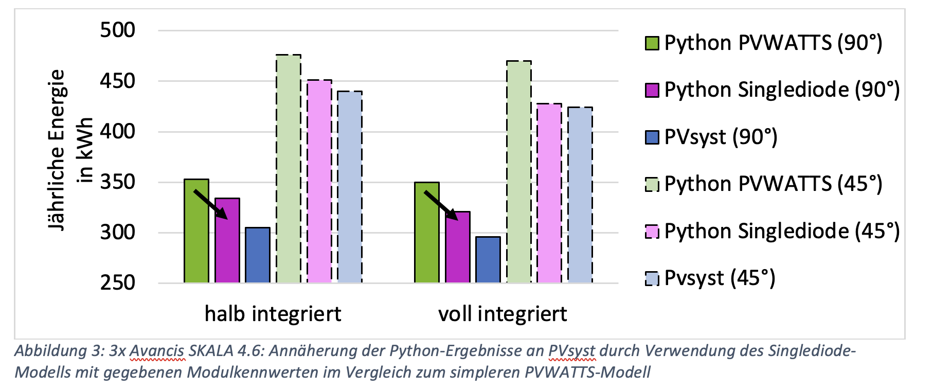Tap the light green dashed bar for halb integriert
289,170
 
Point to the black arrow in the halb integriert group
210,204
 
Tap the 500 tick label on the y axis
118,30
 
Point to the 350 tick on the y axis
118,182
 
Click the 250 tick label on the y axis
118,282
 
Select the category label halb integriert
273,314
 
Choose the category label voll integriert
503,314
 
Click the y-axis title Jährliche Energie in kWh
69,150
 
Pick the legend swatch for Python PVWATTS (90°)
652,43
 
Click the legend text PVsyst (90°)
721,137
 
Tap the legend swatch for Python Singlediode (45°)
652,232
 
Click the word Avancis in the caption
156,351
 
